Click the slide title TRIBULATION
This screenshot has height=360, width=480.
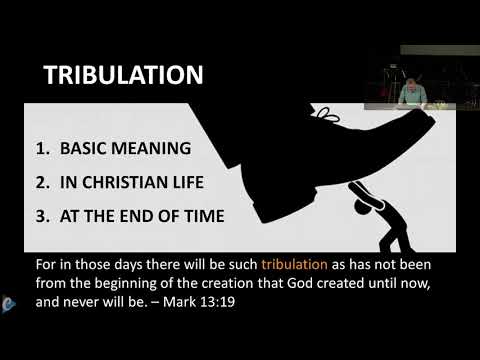[125, 76]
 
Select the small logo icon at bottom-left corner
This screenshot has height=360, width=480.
[8, 299]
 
